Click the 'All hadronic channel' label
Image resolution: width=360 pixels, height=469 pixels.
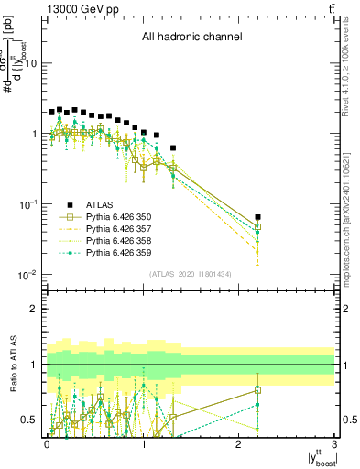pos(191,38)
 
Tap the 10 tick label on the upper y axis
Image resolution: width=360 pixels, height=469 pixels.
pos(31,63)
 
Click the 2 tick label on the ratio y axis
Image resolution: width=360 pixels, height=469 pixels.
pos(35,309)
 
